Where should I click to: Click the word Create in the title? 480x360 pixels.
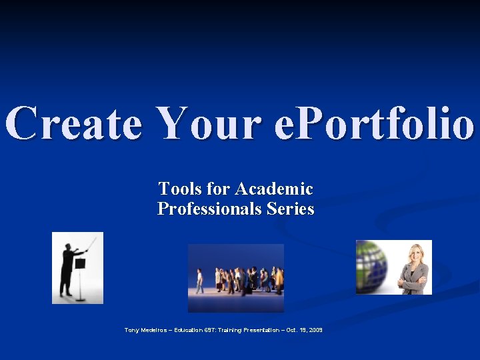coord(74,123)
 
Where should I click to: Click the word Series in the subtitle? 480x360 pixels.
coord(290,209)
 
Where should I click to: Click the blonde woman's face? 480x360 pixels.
coord(415,254)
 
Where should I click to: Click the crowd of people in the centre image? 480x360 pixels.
coord(240,279)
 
